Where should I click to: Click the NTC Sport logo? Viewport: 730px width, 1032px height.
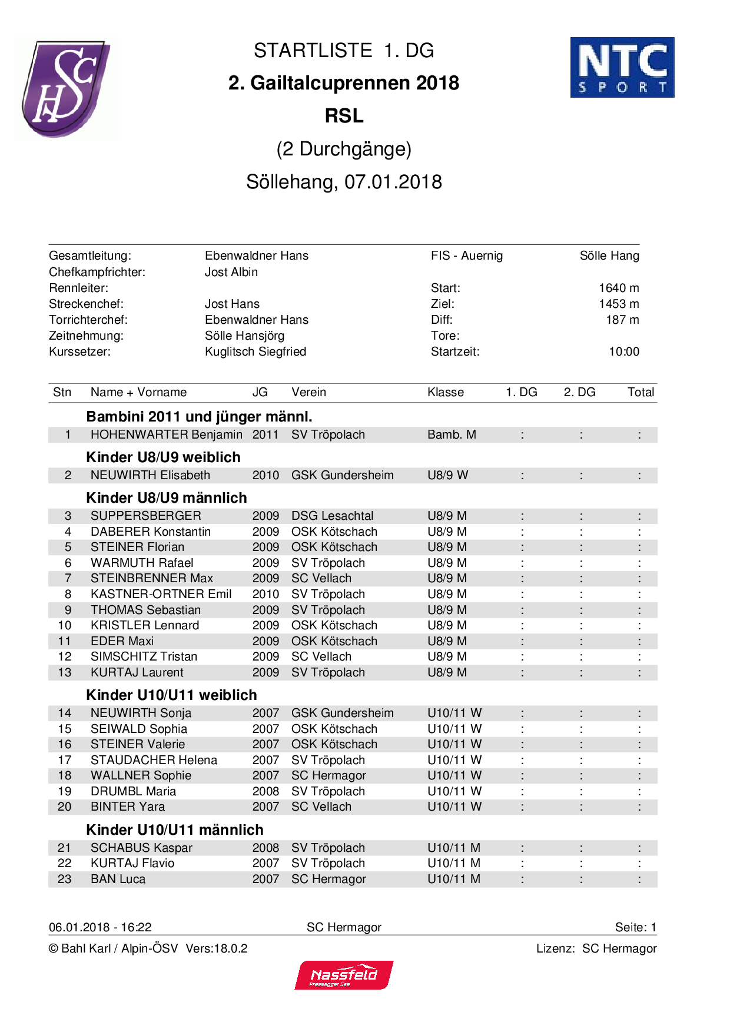coord(622,67)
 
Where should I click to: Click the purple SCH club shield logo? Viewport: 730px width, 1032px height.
coord(65,88)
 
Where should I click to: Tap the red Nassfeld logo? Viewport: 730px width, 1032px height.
coord(344,975)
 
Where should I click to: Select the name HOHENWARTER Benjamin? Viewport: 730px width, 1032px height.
coord(166,434)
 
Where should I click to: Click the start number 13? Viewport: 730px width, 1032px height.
coord(65,672)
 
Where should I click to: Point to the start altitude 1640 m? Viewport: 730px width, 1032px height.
coord(618,288)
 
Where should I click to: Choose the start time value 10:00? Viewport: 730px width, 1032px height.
coord(623,351)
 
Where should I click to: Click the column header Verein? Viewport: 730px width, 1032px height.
coord(308,392)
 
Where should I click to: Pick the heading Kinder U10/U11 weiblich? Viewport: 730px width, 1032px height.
coord(171,695)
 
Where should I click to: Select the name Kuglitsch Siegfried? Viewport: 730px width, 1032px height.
coord(255,351)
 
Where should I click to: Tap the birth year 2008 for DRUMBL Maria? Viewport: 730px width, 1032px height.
coord(266,791)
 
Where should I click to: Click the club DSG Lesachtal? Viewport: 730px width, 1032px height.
coord(332,516)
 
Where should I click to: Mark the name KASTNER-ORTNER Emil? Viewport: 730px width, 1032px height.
coord(161,594)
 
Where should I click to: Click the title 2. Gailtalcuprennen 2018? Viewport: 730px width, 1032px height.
coord(344,83)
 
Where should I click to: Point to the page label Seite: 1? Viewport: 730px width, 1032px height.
coord(635,927)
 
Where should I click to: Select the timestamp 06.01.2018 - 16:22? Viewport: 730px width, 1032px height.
coord(100,927)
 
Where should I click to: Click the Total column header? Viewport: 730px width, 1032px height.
coord(641,392)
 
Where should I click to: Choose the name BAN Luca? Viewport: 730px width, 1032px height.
coord(118,879)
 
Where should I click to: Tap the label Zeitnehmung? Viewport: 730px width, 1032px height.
coord(86,336)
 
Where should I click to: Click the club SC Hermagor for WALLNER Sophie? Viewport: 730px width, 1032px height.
coord(328,775)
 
